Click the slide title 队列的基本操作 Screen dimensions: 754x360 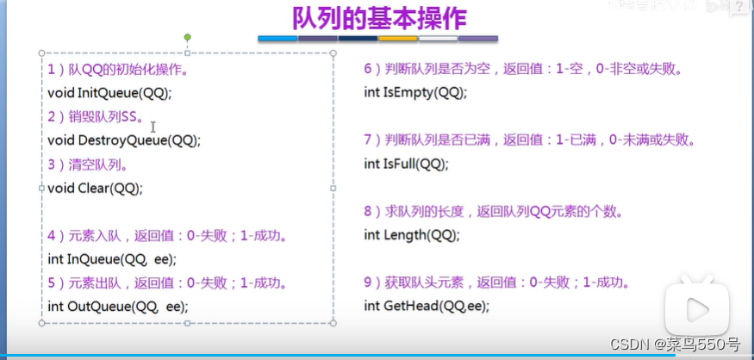(377, 19)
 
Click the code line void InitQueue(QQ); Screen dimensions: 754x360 (109, 92)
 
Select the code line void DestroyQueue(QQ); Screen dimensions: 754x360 (124, 140)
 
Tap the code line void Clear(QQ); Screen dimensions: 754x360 (95, 188)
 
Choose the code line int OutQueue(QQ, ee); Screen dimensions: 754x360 (117, 306)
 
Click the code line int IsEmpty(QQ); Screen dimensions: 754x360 (415, 92)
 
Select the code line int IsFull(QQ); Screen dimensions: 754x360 (406, 164)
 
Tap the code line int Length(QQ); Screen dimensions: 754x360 (412, 234)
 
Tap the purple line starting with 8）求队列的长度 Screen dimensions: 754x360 (494, 211)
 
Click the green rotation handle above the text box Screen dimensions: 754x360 (187, 38)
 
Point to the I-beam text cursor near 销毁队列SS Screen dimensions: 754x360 (153, 127)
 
